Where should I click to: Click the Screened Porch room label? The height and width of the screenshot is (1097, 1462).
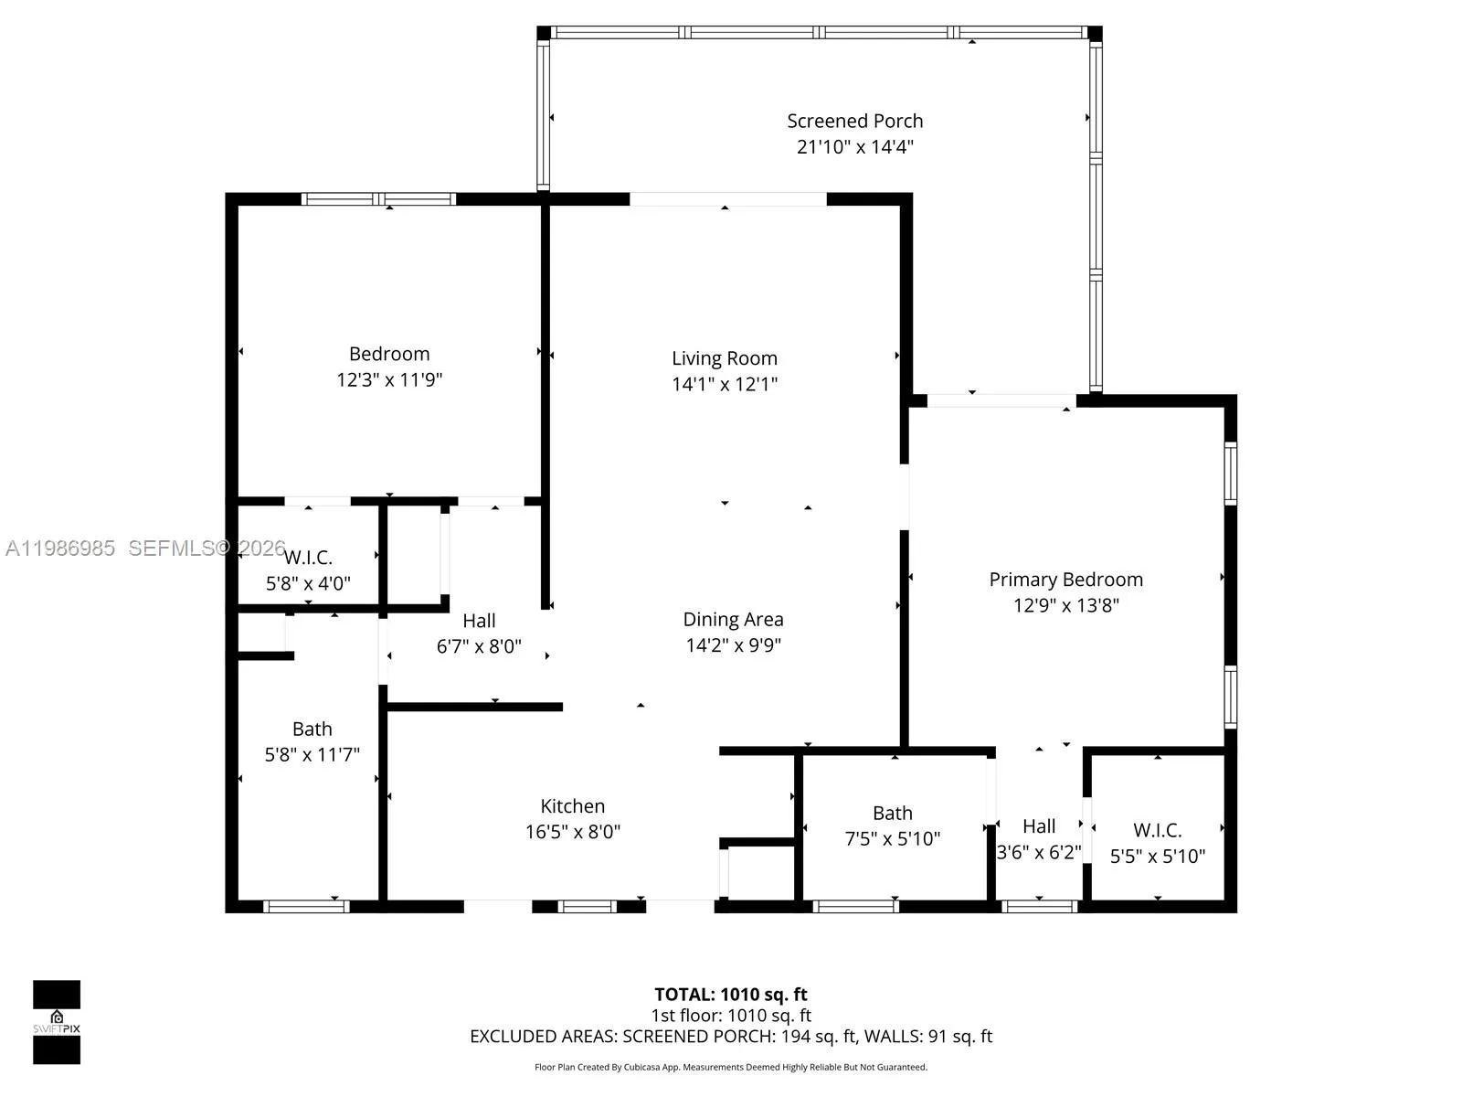coord(854,121)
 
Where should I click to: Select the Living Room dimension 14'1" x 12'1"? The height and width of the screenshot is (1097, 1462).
coord(725,384)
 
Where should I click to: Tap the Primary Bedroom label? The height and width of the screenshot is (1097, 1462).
coord(1065,580)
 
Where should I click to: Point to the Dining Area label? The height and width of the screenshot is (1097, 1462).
coord(733,619)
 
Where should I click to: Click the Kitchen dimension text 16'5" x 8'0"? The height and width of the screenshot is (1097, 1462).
coord(573,832)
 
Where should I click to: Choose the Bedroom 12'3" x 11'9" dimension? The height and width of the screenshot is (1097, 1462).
coord(389,379)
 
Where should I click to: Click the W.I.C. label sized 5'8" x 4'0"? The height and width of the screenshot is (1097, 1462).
coord(308,558)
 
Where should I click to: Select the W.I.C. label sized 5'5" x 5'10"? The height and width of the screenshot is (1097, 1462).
coord(1157,830)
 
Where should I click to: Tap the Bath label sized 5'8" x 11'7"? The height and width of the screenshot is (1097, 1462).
coord(312,729)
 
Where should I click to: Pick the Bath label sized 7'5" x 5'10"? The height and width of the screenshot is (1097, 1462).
coord(892,813)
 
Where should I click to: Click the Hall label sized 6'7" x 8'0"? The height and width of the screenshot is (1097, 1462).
coord(479,621)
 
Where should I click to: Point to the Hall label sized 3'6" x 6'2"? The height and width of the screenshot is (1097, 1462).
coord(1039,826)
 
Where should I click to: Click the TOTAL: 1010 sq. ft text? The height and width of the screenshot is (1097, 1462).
coord(731,995)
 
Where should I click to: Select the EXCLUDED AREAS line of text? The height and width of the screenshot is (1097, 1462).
coord(731,1037)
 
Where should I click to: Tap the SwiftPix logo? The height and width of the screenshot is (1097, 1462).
coord(57,1022)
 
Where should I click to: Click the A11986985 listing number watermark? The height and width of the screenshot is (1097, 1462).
coord(60,548)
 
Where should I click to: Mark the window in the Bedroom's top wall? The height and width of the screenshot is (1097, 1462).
coord(378,198)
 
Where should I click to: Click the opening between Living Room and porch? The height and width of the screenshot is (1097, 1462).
coord(728,198)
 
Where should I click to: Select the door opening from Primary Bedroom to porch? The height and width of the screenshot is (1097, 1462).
coord(1001,400)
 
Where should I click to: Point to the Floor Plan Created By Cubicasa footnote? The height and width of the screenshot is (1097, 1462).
coord(731,1067)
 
